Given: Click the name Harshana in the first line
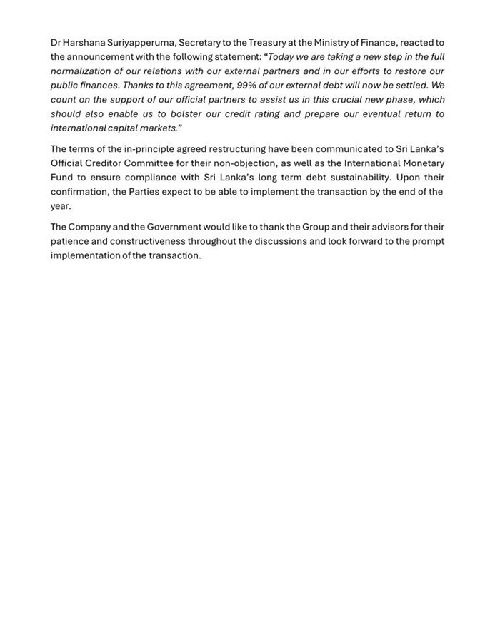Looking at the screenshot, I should click(84, 43).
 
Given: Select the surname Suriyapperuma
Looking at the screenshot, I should click(141, 43).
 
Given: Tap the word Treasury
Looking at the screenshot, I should click(259, 43).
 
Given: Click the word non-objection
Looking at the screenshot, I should click(242, 163).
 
